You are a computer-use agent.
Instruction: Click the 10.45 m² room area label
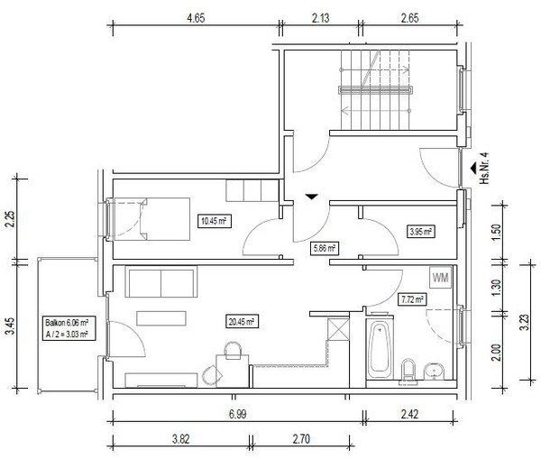[215, 221]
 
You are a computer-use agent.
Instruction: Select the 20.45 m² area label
[242, 322]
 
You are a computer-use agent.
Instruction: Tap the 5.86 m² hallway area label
[324, 248]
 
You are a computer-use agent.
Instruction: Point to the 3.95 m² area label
[421, 231]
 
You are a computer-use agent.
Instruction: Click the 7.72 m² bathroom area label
[412, 299]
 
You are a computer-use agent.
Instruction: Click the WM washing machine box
[441, 278]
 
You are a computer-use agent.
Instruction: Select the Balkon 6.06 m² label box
[69, 328]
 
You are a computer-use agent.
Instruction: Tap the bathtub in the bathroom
[380, 350]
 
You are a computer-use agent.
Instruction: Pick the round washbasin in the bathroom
[435, 372]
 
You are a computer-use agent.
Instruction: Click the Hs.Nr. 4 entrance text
[485, 168]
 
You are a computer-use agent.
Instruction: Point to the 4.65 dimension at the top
[196, 18]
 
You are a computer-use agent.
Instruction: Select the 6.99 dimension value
[238, 414]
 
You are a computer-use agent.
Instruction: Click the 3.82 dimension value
[181, 439]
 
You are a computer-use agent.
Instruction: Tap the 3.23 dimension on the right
[525, 322]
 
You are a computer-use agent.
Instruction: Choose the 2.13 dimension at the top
[320, 18]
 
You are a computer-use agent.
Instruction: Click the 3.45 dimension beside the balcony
[11, 326]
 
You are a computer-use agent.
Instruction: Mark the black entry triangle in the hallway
[311, 197]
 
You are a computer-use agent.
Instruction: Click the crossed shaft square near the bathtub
[338, 329]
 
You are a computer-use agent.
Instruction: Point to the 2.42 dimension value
[409, 414]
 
